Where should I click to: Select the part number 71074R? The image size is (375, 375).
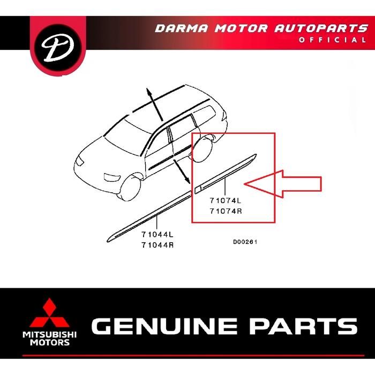(225, 211)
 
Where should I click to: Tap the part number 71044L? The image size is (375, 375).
(157, 235)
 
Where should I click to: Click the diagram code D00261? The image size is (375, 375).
(245, 242)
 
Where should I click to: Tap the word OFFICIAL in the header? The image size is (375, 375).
(340, 40)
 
